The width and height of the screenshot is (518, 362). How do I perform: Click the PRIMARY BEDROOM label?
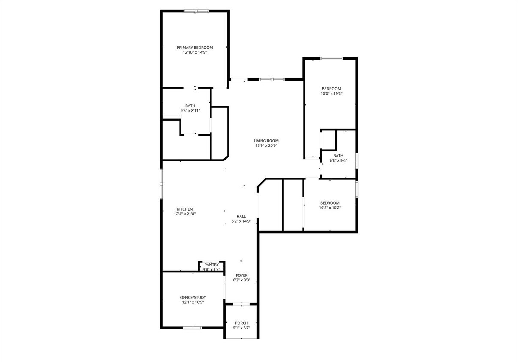pyautogui.click(x=195, y=48)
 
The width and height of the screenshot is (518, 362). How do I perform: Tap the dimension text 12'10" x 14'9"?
pyautogui.click(x=195, y=52)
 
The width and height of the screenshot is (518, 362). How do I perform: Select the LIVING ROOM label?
pyautogui.click(x=266, y=140)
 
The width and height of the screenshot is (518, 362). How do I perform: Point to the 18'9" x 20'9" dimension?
pyautogui.click(x=266, y=145)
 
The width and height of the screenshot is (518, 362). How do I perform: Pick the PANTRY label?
pyautogui.click(x=211, y=265)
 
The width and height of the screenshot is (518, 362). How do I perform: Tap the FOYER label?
pyautogui.click(x=241, y=275)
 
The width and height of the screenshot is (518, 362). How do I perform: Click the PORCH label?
pyautogui.click(x=241, y=323)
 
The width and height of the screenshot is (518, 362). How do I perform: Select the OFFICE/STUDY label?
pyautogui.click(x=193, y=297)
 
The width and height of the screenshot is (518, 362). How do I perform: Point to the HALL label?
pyautogui.click(x=241, y=216)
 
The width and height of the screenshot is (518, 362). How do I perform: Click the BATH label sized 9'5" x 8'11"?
pyautogui.click(x=190, y=106)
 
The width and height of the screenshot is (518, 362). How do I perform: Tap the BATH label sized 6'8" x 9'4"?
pyautogui.click(x=338, y=156)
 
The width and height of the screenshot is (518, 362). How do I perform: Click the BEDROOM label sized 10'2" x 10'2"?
pyautogui.click(x=330, y=203)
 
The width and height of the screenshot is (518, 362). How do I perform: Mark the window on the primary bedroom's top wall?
pyautogui.click(x=196, y=11)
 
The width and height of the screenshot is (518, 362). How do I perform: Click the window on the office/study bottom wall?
pyautogui.click(x=192, y=328)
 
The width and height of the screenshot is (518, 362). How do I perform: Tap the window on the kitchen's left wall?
pyautogui.click(x=162, y=184)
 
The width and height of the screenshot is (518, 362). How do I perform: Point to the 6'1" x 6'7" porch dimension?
pyautogui.click(x=241, y=328)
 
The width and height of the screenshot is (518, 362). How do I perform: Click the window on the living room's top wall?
pyautogui.click(x=272, y=79)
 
